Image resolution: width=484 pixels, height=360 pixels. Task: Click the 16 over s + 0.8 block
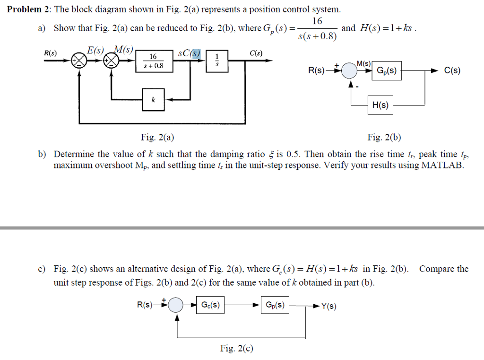pyautogui.click(x=153, y=61)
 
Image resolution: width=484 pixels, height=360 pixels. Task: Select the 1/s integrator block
pyautogui.click(x=217, y=61)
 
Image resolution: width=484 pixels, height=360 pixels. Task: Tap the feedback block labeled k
pyautogui.click(x=153, y=100)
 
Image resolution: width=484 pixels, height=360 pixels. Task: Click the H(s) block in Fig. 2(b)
pyautogui.click(x=380, y=105)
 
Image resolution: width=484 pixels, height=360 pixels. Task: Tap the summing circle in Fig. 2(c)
pyautogui.click(x=176, y=305)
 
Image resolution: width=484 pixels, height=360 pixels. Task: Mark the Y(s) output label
pyautogui.click(x=329, y=306)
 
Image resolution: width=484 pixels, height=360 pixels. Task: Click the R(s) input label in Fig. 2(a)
pyautogui.click(x=50, y=53)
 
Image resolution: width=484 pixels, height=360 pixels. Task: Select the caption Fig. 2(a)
pyautogui.click(x=157, y=138)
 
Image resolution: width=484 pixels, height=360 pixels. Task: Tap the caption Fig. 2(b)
pyautogui.click(x=384, y=138)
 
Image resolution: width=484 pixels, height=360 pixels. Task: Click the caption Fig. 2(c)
pyautogui.click(x=236, y=349)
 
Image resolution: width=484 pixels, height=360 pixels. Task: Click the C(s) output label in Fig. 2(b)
pyautogui.click(x=452, y=71)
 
